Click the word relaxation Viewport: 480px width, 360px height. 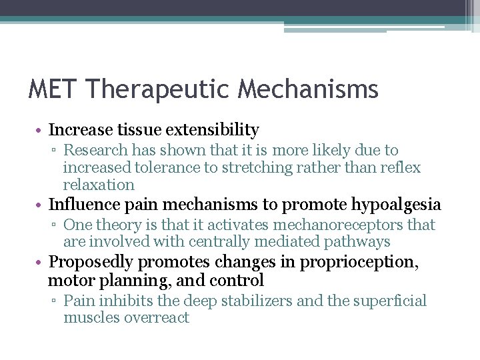coord(99,185)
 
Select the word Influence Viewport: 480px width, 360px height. coord(85,204)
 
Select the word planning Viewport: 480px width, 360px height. coord(126,280)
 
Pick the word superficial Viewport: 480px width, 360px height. coord(387,301)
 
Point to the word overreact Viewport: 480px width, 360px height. coord(157,318)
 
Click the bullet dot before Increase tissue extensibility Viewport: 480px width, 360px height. coord(40,130)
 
